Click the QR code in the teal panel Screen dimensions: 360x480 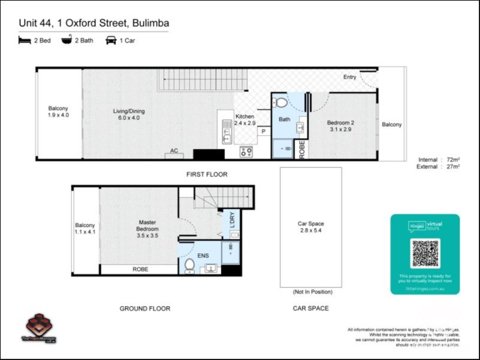[425, 253]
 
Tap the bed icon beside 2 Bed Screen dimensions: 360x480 [25, 40]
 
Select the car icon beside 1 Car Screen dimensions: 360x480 [111, 40]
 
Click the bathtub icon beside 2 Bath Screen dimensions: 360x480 [67, 40]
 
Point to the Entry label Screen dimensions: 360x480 [350, 77]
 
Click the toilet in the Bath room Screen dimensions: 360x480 [281, 103]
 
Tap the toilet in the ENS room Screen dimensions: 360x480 [190, 265]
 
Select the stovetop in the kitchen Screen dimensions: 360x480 [246, 152]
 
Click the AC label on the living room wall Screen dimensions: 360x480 [175, 151]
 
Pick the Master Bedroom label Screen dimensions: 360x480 [147, 229]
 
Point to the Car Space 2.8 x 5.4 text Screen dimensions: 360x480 [311, 228]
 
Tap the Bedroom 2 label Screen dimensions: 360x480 [340, 126]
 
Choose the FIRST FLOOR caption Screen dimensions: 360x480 [206, 175]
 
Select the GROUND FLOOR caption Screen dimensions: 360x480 [145, 308]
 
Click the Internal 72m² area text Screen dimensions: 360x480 [439, 159]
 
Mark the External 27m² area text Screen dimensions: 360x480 [439, 167]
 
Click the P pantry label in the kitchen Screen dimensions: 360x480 [263, 130]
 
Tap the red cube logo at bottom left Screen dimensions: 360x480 [39, 324]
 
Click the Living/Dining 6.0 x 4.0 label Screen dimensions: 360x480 [129, 115]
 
